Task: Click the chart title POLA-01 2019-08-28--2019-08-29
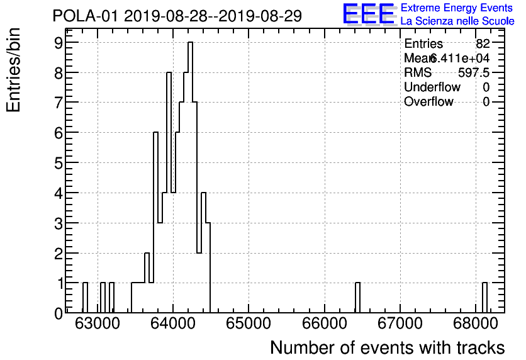[177, 16]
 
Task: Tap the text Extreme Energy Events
[456, 8]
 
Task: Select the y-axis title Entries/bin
[14, 70]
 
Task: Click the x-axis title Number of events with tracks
[387, 347]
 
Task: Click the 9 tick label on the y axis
[58, 43]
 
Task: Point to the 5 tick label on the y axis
[58, 162]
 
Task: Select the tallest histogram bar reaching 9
[190, 176]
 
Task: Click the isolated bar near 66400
[357, 298]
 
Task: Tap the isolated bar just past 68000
[484, 298]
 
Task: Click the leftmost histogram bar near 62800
[85, 298]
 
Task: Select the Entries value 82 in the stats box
[483, 44]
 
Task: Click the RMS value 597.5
[474, 72]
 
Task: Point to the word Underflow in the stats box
[432, 87]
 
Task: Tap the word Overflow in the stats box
[428, 101]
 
